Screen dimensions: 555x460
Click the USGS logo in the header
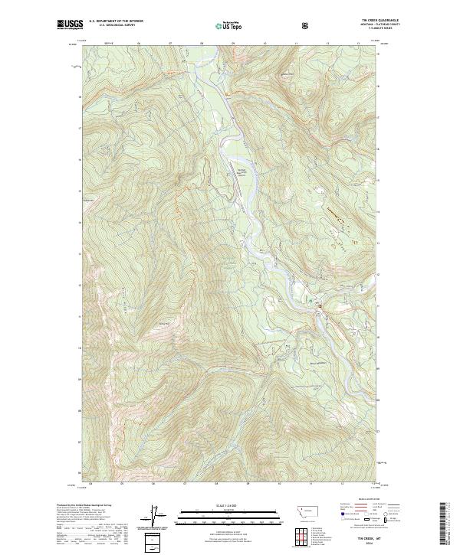click(69, 24)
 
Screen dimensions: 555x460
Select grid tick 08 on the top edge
click(202, 44)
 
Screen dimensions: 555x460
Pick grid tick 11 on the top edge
click(296, 44)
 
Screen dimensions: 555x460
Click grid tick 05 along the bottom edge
click(123, 484)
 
